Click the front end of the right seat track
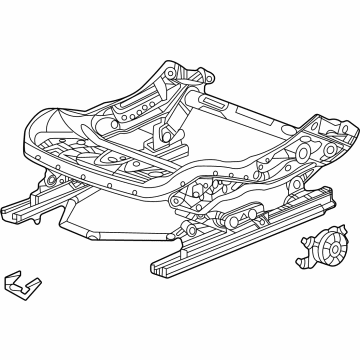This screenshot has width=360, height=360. pos(164,268)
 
